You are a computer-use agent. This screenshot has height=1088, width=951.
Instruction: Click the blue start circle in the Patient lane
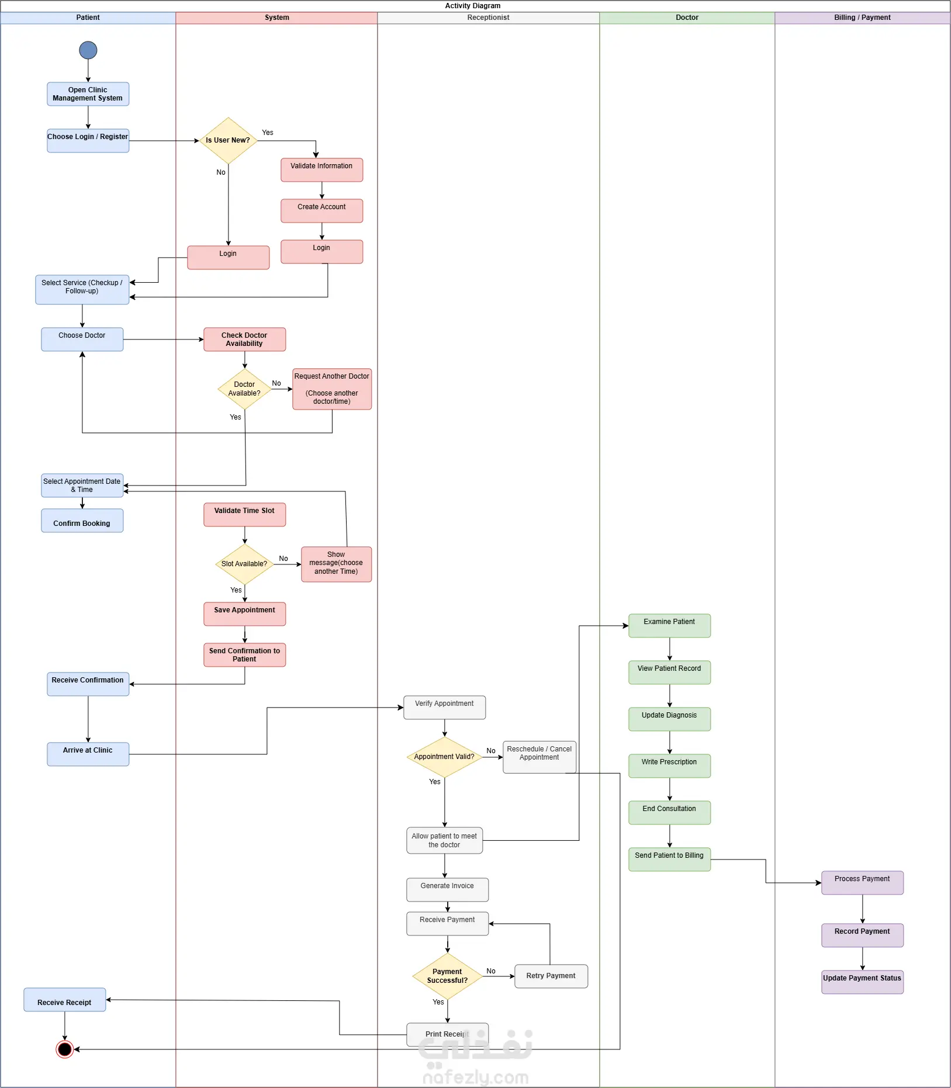88,50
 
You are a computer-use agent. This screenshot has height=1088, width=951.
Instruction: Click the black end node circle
65,1049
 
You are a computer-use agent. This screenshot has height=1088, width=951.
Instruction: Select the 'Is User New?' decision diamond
229,141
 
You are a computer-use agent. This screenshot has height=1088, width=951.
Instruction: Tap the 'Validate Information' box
322,170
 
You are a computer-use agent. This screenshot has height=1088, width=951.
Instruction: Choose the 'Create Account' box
322,211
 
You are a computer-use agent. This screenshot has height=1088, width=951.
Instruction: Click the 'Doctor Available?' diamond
245,389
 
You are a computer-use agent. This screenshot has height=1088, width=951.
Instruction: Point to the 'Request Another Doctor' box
332,389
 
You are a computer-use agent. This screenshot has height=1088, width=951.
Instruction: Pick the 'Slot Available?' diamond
245,564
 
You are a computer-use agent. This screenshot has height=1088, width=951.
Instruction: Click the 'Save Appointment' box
245,614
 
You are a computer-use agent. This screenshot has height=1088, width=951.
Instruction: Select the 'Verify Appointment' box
445,708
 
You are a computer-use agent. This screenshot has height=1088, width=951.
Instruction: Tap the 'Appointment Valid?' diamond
445,757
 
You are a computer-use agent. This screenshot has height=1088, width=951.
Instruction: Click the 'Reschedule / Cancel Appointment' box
540,757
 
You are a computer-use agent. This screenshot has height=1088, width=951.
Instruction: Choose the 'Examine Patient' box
670,626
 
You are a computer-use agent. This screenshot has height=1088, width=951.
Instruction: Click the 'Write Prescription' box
670,766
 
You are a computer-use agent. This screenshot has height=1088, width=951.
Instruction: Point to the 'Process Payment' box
863,883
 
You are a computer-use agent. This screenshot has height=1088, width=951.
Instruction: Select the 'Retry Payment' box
551,976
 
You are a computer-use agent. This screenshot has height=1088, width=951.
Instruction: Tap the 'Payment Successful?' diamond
448,976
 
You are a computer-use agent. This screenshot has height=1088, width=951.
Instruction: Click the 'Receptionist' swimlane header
489,18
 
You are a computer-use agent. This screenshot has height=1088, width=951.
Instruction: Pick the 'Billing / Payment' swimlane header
863,18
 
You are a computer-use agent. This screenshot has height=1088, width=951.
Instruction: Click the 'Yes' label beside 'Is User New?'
268,133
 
